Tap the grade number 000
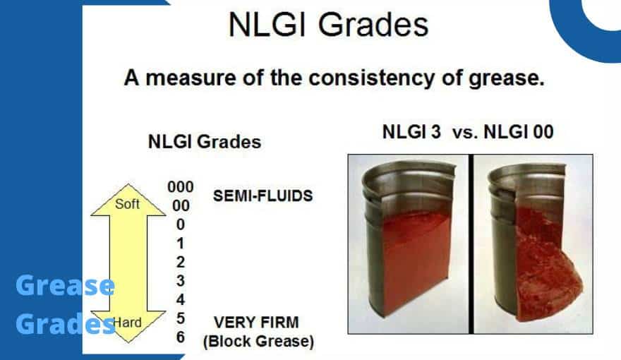(181, 188)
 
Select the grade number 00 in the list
(181, 206)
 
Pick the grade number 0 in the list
(181, 224)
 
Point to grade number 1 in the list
(181, 244)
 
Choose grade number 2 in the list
(181, 262)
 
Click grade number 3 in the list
(181, 281)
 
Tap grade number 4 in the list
(181, 300)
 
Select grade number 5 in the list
(181, 318)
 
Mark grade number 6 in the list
(181, 337)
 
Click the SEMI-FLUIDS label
(263, 196)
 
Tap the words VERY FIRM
(256, 323)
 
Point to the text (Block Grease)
(258, 342)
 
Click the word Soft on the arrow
(127, 205)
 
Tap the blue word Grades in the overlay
(65, 324)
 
